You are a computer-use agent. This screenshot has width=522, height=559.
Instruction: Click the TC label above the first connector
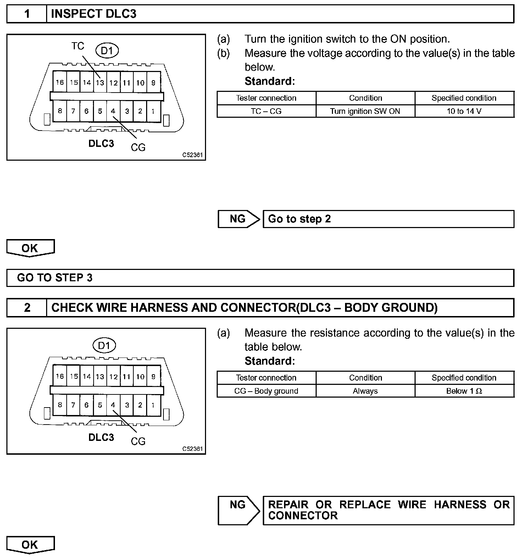pos(78,46)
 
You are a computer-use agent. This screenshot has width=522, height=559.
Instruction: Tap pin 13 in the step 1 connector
pos(100,83)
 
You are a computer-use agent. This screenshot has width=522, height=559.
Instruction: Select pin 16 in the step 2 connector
pos(60,376)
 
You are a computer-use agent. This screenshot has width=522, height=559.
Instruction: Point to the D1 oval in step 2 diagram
pos(104,345)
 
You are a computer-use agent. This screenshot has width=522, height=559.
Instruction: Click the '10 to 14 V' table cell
pos(464,111)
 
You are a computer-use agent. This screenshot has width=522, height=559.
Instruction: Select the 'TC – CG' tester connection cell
pos(266,111)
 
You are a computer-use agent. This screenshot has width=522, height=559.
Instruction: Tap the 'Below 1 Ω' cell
pos(464,391)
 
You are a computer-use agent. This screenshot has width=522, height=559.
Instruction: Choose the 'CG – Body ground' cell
pos(266,391)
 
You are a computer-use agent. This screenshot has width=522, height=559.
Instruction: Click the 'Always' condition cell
pos(365,391)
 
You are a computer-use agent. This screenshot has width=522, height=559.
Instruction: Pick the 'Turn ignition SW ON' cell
pos(365,111)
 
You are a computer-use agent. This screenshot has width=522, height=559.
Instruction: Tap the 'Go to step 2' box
pos(388,219)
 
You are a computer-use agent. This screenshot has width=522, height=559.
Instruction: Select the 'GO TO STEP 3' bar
pos(260,277)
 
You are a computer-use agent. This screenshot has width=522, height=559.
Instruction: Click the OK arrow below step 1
pos(30,248)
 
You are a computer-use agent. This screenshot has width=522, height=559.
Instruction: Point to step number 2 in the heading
pos(27,307)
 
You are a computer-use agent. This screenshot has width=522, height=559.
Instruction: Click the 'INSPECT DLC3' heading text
pos(94,14)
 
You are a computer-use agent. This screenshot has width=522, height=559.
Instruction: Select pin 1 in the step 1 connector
pos(153,111)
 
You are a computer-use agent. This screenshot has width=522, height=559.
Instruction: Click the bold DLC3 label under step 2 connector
pos(101,437)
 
